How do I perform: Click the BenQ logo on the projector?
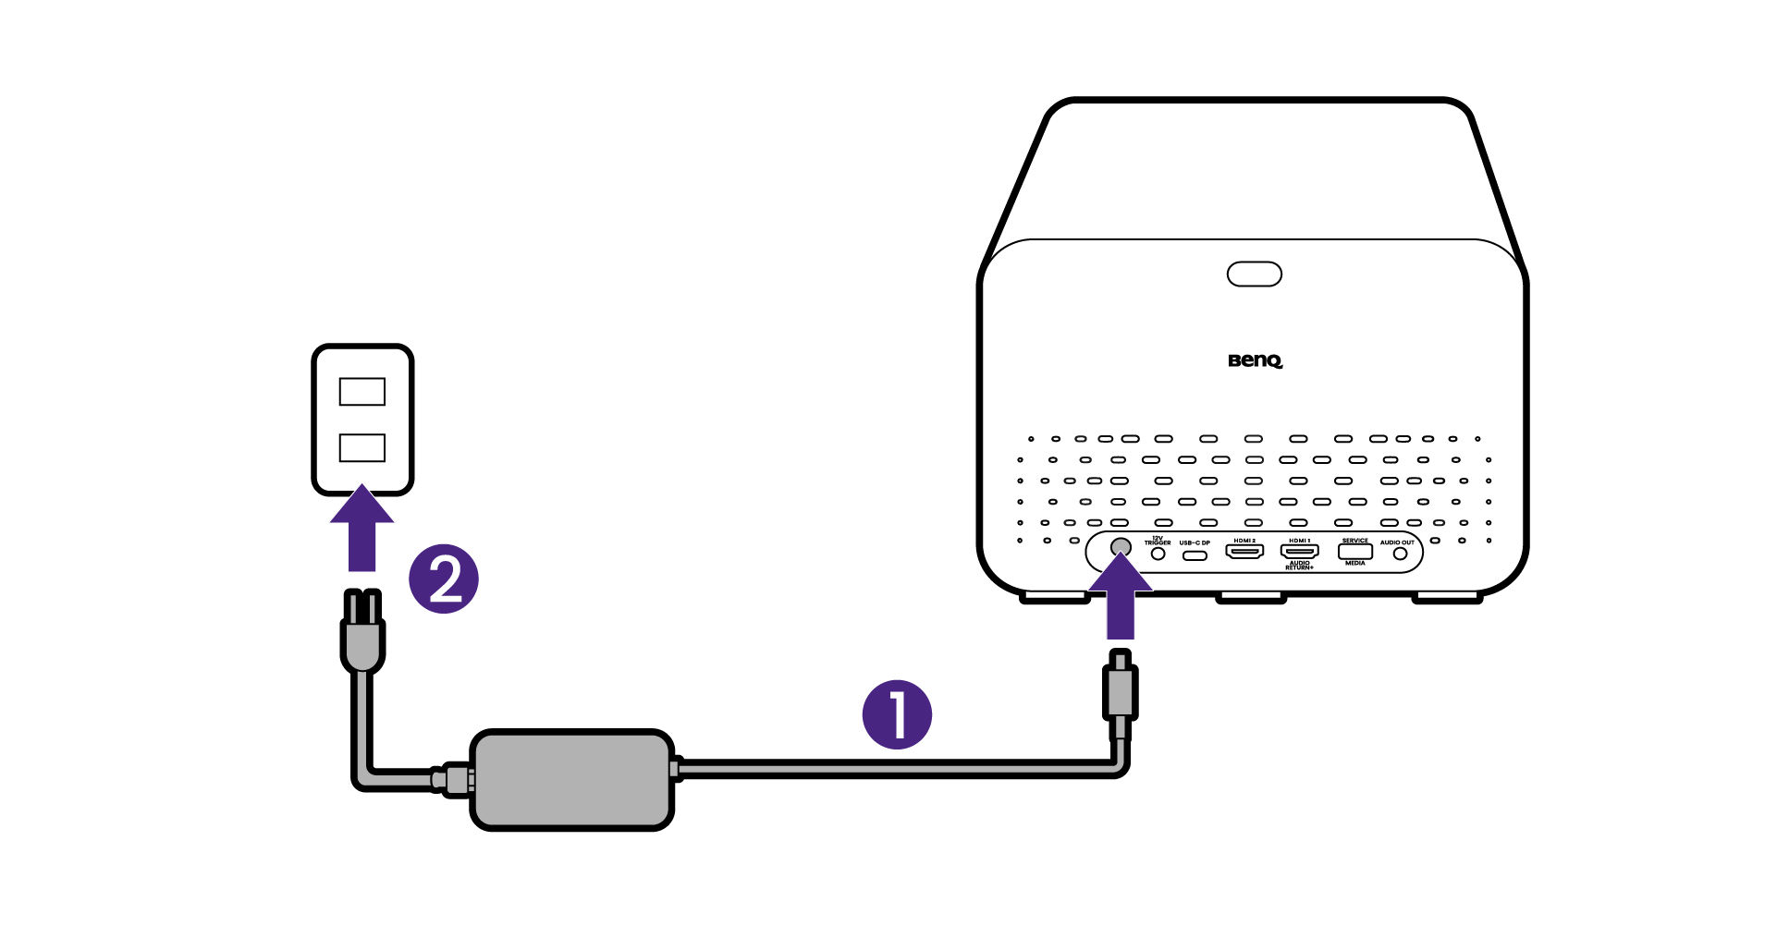click(x=1255, y=360)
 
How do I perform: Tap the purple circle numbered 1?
click(x=896, y=714)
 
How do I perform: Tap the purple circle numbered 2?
click(x=444, y=579)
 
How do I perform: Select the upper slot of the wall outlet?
click(x=362, y=392)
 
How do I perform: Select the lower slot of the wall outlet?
click(x=362, y=447)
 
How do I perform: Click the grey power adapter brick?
click(x=571, y=780)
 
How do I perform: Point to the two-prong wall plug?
click(x=362, y=633)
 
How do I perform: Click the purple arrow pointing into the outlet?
click(x=362, y=530)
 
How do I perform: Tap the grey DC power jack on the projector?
click(x=1120, y=547)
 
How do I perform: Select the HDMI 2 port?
click(x=1244, y=552)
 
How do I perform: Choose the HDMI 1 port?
click(x=1299, y=552)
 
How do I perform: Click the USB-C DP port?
click(x=1195, y=555)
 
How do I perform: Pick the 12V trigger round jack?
click(x=1158, y=554)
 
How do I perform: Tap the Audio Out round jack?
click(x=1400, y=554)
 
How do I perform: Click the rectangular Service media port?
click(x=1354, y=552)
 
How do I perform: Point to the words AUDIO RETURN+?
click(x=1299, y=566)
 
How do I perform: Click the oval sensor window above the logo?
click(x=1254, y=274)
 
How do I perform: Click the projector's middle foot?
click(x=1250, y=599)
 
